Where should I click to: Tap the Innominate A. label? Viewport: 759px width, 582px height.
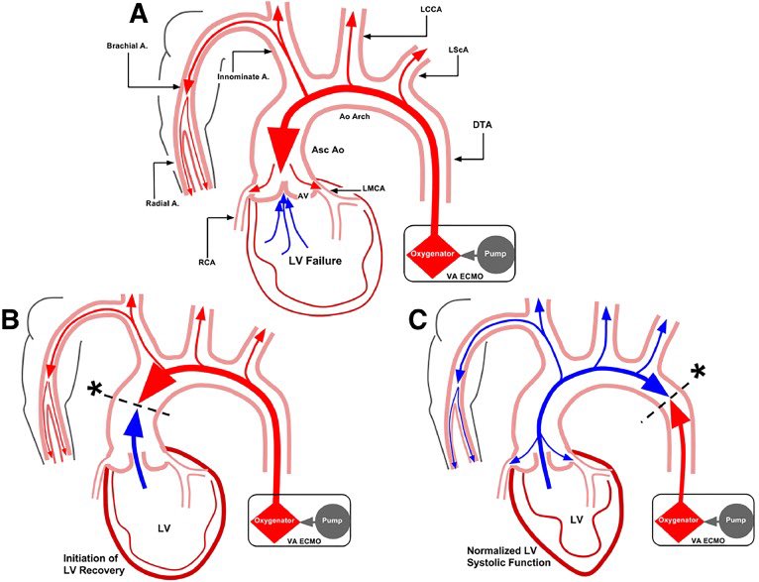(244, 74)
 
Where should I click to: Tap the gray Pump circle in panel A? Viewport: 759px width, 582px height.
(501, 253)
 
